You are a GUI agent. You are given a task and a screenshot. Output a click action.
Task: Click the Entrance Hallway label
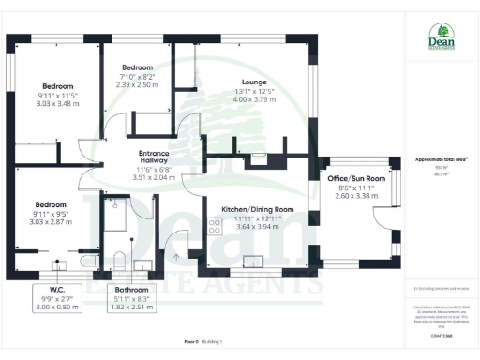coord(153,157)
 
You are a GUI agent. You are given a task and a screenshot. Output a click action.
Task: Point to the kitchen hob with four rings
coord(213,225)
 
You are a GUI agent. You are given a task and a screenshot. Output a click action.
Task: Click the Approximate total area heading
coord(441,159)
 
